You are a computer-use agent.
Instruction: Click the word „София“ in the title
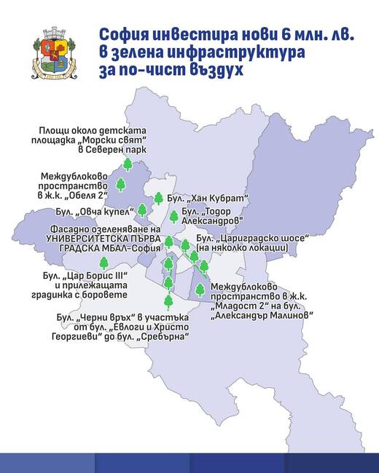(x=125, y=36)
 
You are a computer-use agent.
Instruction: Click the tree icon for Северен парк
(x=128, y=165)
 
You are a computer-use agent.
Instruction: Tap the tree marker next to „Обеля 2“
(x=121, y=184)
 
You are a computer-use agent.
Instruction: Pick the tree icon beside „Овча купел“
(x=143, y=210)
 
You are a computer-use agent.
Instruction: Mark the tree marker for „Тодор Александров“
(x=174, y=216)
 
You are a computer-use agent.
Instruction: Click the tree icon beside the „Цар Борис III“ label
(x=103, y=263)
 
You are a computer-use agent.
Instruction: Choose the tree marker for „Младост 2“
(x=199, y=290)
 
